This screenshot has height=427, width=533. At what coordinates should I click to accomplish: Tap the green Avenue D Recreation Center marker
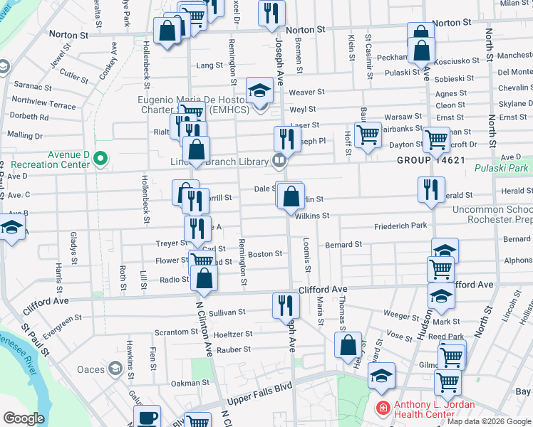pos(100,158)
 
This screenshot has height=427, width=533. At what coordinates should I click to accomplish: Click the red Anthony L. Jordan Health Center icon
pos(383,408)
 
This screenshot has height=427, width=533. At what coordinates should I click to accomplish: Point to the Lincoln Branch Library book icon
pos(279,160)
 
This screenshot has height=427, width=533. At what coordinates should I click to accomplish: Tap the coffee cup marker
pos(148,417)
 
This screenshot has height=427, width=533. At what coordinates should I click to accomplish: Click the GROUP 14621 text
pos(431,160)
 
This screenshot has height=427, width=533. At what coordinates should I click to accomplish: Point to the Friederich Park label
pos(400,226)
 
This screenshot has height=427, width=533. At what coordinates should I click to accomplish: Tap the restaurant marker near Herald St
pos(429,189)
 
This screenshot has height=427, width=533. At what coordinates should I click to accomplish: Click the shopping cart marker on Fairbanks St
pos(368,133)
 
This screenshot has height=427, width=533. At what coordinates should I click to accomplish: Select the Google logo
pos(24,418)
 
